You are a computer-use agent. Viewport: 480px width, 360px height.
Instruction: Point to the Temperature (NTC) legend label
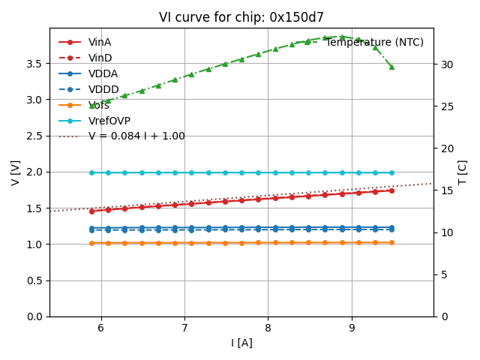374,42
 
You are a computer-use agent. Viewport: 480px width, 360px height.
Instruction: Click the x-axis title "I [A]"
241,343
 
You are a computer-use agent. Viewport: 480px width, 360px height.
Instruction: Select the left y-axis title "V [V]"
16,172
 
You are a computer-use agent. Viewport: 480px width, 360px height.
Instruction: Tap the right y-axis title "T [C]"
462,172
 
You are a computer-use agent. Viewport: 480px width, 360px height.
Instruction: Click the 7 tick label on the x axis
184,328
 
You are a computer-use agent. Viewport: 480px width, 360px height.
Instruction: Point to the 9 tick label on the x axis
352,328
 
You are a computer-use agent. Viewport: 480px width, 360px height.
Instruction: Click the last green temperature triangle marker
391,66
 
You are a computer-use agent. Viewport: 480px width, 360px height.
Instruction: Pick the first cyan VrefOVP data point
91,172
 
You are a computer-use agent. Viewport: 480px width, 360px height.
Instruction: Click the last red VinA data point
391,190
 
